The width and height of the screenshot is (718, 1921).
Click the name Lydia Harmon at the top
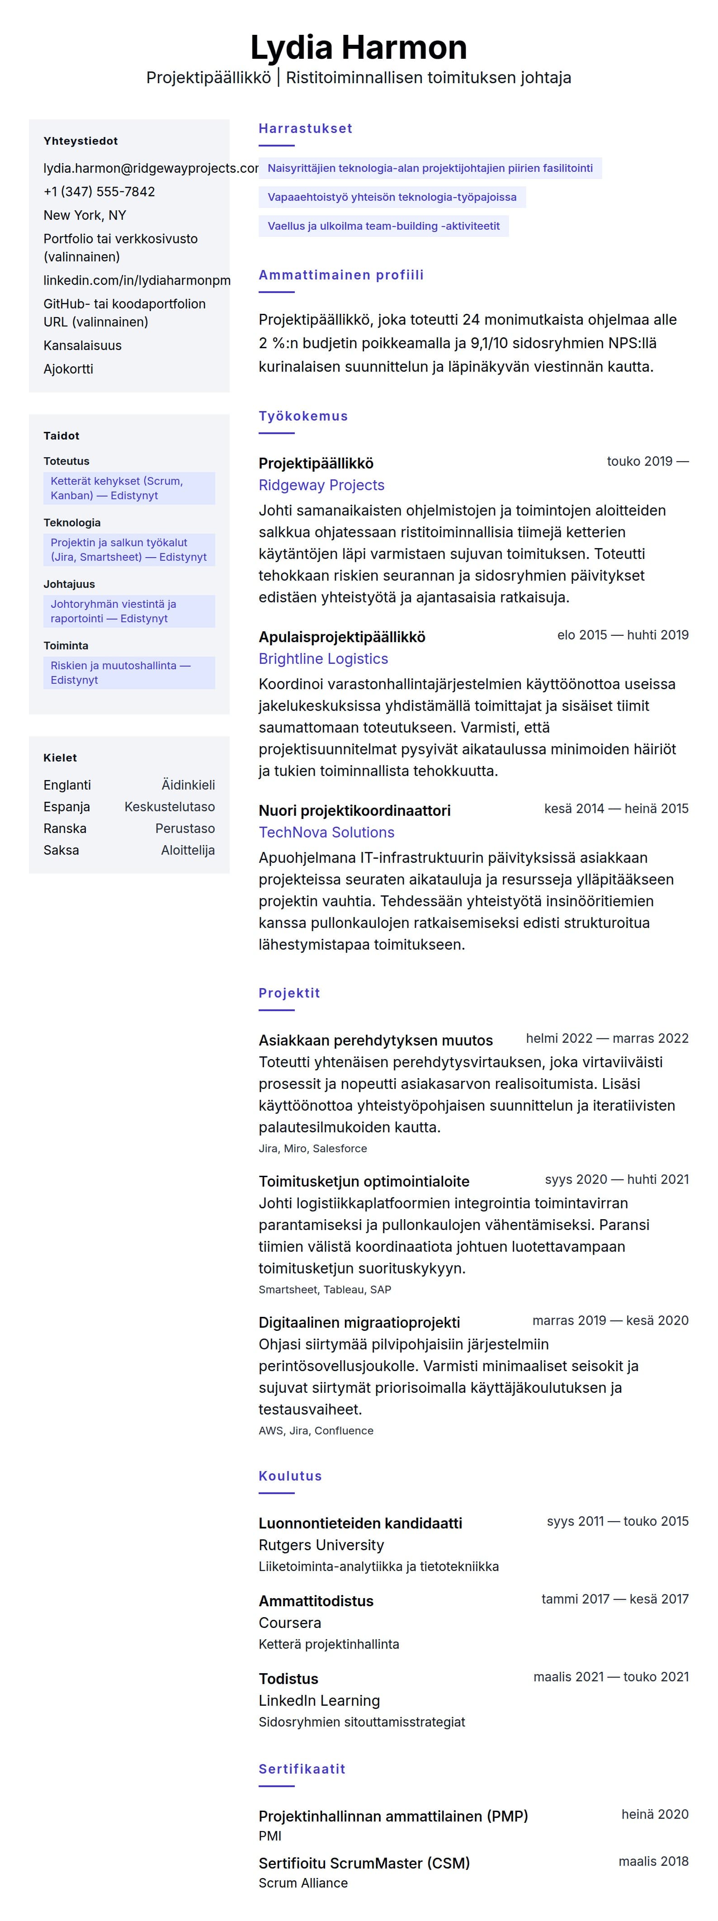click(359, 48)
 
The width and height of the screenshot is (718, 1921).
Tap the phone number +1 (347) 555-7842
click(99, 192)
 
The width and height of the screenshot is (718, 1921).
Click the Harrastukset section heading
click(305, 128)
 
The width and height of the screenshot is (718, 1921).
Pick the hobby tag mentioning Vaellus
click(383, 226)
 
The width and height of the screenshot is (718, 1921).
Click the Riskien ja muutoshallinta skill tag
click(129, 672)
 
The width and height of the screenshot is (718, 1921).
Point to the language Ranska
click(65, 828)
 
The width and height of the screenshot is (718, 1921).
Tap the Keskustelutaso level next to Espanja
click(169, 807)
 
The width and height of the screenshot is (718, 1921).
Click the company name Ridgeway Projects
click(321, 486)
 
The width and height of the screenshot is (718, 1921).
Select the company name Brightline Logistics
click(323, 659)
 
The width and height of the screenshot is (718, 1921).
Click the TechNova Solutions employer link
click(326, 833)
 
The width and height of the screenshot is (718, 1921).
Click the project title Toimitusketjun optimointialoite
click(364, 1181)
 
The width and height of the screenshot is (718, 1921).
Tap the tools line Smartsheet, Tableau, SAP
click(324, 1289)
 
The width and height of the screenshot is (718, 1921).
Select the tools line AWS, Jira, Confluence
click(316, 1430)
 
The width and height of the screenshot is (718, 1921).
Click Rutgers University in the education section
click(321, 1545)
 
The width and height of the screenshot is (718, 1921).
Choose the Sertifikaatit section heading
click(302, 1769)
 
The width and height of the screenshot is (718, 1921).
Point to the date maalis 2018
click(653, 1861)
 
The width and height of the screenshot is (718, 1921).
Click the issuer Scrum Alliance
click(302, 1883)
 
